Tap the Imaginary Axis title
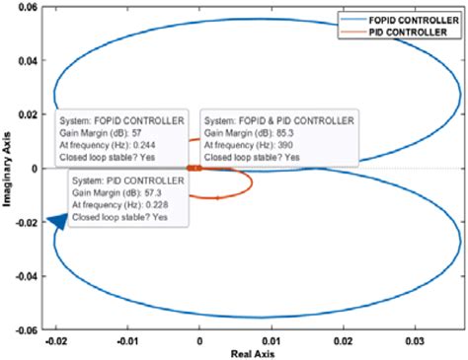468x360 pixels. [9, 170]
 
